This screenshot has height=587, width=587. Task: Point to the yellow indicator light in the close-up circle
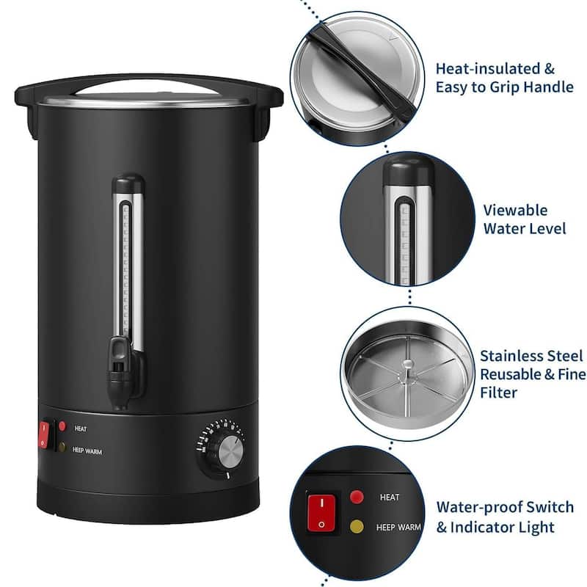tap(357, 526)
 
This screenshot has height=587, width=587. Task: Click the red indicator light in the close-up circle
tap(357, 497)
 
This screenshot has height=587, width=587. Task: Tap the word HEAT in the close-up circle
tap(390, 497)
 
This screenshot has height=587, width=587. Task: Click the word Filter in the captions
tap(499, 393)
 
